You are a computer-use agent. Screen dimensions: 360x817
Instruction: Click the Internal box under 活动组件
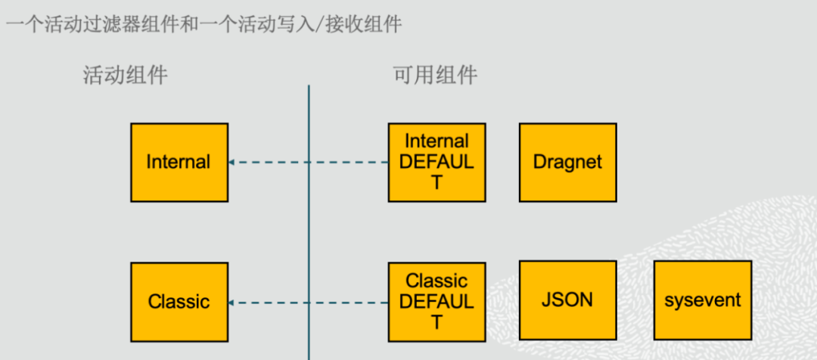pyautogui.click(x=179, y=163)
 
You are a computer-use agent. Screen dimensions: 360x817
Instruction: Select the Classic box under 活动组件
pyautogui.click(x=179, y=302)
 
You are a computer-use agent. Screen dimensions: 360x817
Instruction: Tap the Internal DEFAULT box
pyautogui.click(x=436, y=163)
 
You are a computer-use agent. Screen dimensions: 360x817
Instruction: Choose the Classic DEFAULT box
pyautogui.click(x=436, y=302)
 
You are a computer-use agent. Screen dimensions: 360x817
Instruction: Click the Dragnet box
pyautogui.click(x=567, y=163)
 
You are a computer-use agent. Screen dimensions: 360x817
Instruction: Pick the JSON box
pyautogui.click(x=567, y=300)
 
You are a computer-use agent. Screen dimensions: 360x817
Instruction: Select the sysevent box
pyautogui.click(x=703, y=300)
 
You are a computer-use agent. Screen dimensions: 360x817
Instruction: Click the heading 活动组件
pyautogui.click(x=125, y=76)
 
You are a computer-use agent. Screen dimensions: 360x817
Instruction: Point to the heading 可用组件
pyautogui.click(x=435, y=76)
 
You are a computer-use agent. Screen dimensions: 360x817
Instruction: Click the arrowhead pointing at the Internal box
pyautogui.click(x=232, y=162)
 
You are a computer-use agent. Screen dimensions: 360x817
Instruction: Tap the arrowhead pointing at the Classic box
pyautogui.click(x=232, y=303)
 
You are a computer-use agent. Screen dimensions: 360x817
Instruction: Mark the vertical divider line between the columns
pyautogui.click(x=309, y=227)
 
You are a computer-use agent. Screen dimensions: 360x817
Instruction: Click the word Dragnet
pyautogui.click(x=567, y=162)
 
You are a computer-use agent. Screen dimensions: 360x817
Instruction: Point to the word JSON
pyautogui.click(x=567, y=299)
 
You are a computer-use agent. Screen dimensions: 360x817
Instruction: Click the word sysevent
pyautogui.click(x=703, y=300)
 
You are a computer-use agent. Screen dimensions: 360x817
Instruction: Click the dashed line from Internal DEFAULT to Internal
pyautogui.click(x=310, y=162)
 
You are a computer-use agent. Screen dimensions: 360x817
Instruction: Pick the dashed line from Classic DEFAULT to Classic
pyautogui.click(x=310, y=303)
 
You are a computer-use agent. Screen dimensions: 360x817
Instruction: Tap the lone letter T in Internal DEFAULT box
pyautogui.click(x=436, y=182)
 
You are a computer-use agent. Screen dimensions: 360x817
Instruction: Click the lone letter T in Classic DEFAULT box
pyautogui.click(x=436, y=322)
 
